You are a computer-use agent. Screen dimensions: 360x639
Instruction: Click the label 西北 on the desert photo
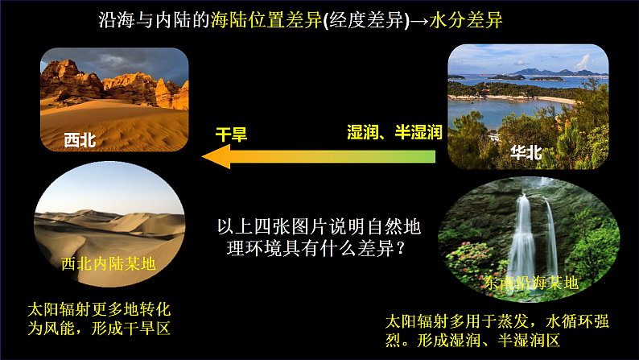pos(80,140)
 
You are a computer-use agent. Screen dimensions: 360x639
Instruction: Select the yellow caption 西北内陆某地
pos(108,263)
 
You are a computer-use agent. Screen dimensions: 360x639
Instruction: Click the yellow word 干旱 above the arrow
pos(230,134)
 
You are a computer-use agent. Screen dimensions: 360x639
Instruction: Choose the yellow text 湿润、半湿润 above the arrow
pos(394,134)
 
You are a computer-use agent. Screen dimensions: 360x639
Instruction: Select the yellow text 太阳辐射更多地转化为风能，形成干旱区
pos(98,320)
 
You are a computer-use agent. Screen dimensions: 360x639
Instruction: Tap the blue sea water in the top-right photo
pos(515,88)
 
